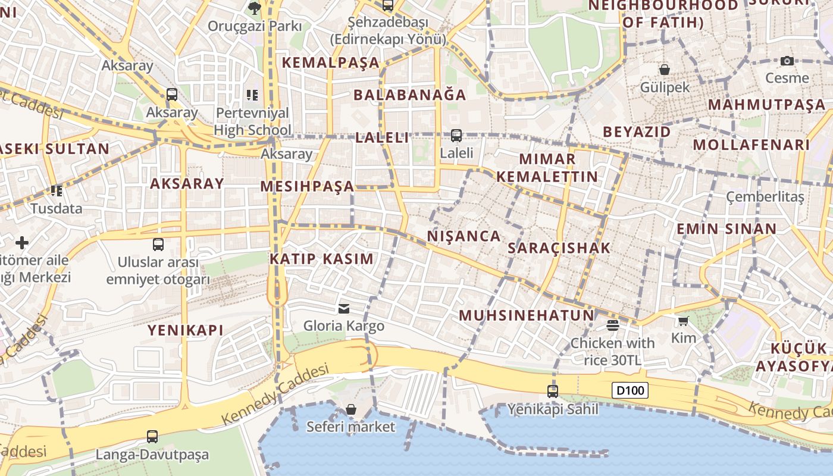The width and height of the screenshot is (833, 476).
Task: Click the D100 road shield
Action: coord(630,391)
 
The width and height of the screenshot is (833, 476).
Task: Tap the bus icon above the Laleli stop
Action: coord(456,136)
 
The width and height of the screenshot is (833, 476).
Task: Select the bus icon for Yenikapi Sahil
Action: coord(553,391)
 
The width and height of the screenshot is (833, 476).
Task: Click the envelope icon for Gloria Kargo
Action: coord(344,308)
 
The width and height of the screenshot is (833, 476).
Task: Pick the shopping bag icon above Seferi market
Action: coord(351,409)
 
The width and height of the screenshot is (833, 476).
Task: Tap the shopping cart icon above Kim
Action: coord(683,321)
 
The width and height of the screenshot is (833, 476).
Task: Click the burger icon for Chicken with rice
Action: coord(612,325)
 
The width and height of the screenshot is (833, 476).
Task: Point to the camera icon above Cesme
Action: coord(787,61)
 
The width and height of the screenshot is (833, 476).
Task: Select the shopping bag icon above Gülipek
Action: coord(665,70)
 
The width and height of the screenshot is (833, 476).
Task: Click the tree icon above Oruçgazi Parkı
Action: coord(255,8)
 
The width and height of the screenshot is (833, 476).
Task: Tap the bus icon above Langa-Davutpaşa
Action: coord(152,437)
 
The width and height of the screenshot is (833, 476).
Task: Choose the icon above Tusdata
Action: coord(57,191)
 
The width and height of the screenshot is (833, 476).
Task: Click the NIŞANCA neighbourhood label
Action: coord(464,236)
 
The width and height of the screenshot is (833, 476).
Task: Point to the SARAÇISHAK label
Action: coord(559,248)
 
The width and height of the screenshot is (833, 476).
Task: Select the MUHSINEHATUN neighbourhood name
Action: coord(526,315)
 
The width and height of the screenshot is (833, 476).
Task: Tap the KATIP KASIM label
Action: coord(321,259)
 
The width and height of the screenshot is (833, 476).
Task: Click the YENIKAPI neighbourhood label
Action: coord(186,330)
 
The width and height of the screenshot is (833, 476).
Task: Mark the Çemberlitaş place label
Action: coord(765,196)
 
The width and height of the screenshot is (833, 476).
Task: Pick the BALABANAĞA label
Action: coord(410,95)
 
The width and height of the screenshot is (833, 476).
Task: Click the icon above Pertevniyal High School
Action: coord(252,95)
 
